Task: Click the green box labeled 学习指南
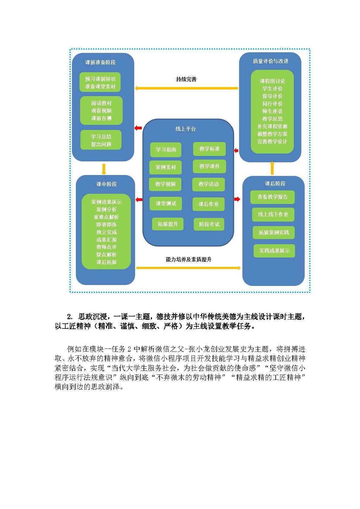click(x=166, y=150)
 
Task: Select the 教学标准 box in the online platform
click(x=209, y=149)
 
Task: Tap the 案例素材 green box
click(x=165, y=167)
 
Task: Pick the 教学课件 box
click(x=209, y=166)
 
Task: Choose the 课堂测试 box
click(x=166, y=203)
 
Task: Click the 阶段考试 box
click(x=209, y=224)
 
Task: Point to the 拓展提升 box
click(x=167, y=224)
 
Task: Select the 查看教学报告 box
click(x=272, y=197)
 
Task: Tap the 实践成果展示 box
click(x=274, y=251)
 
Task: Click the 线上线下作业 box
click(x=273, y=215)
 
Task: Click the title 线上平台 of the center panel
click(x=186, y=129)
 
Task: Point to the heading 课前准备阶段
click(x=100, y=62)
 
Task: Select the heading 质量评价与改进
click(x=271, y=61)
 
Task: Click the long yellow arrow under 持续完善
click(x=186, y=88)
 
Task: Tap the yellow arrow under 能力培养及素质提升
click(x=188, y=268)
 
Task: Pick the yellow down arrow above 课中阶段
click(x=104, y=169)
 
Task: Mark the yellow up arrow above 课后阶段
click(x=272, y=168)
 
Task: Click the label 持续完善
click(x=186, y=79)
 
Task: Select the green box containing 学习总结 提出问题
click(x=101, y=140)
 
